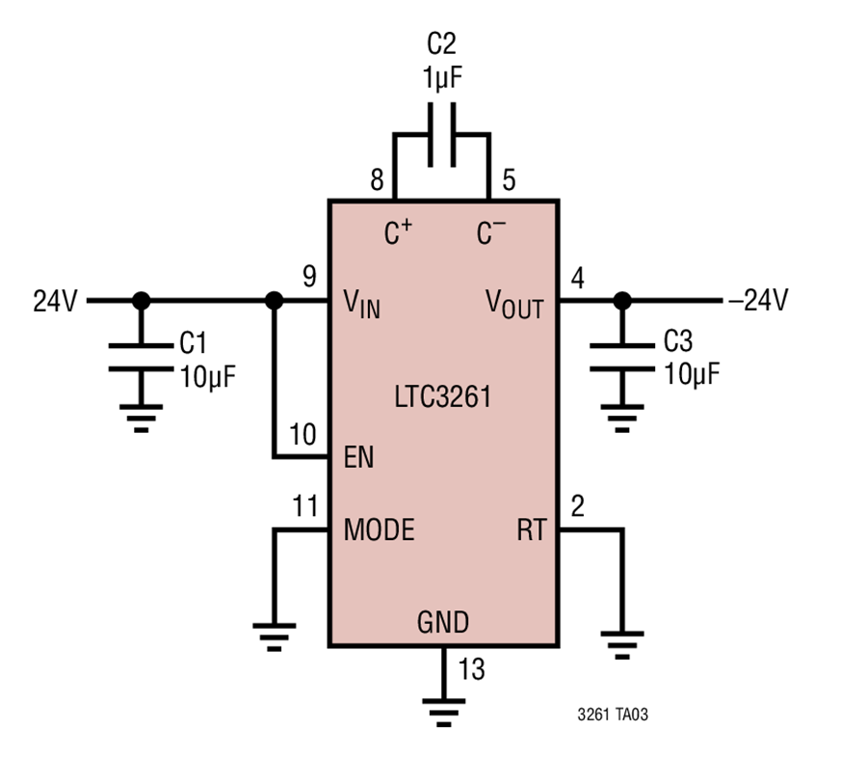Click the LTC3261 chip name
click(442, 396)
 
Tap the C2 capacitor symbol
click(442, 135)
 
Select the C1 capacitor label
click(193, 342)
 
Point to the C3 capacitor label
click(678, 341)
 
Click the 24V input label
click(55, 301)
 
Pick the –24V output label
click(758, 300)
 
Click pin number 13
click(472, 669)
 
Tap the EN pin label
click(359, 457)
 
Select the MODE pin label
click(380, 529)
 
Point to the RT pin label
click(532, 529)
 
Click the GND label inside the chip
click(443, 622)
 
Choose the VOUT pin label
click(514, 305)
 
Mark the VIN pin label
click(361, 305)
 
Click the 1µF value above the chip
click(442, 77)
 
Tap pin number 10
click(302, 435)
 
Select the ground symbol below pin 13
click(443, 713)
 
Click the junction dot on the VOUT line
click(622, 301)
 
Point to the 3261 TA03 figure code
click(613, 715)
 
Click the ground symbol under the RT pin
click(622, 645)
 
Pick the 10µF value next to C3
click(692, 374)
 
